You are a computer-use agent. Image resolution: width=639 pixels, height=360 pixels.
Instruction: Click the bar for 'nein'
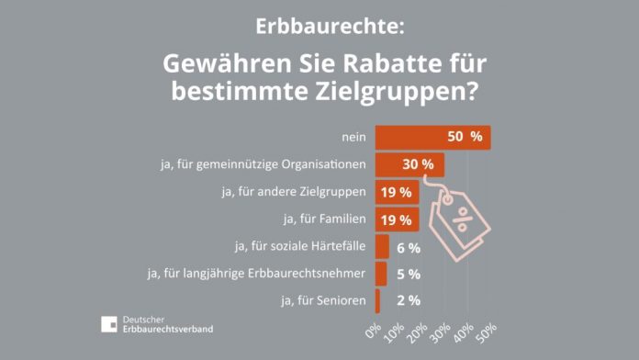pyautogui.click(x=432, y=138)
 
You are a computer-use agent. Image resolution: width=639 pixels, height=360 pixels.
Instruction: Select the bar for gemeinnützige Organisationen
pyautogui.click(x=409, y=165)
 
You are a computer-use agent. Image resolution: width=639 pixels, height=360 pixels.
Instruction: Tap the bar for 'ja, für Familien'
pyautogui.click(x=397, y=219)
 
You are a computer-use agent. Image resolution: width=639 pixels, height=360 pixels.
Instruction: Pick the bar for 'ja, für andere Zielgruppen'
pyautogui.click(x=397, y=192)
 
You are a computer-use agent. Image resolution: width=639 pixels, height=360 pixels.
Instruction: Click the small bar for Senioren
pyautogui.click(x=377, y=300)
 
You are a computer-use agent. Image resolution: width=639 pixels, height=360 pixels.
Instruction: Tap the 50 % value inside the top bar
pyautogui.click(x=464, y=138)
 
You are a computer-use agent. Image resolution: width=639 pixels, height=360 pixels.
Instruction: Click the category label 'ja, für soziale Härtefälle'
pyautogui.click(x=301, y=247)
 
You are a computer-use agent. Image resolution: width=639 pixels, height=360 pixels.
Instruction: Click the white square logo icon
pyautogui.click(x=109, y=323)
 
